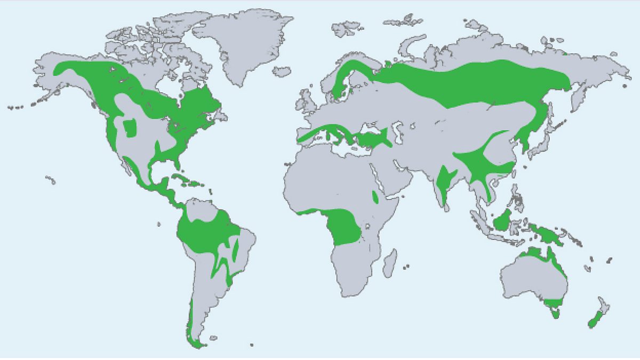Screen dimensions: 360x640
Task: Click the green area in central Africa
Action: [344, 227]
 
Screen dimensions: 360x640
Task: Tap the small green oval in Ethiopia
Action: [376, 198]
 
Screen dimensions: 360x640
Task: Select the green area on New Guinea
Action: [549, 235]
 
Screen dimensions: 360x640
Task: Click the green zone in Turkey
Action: [373, 140]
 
